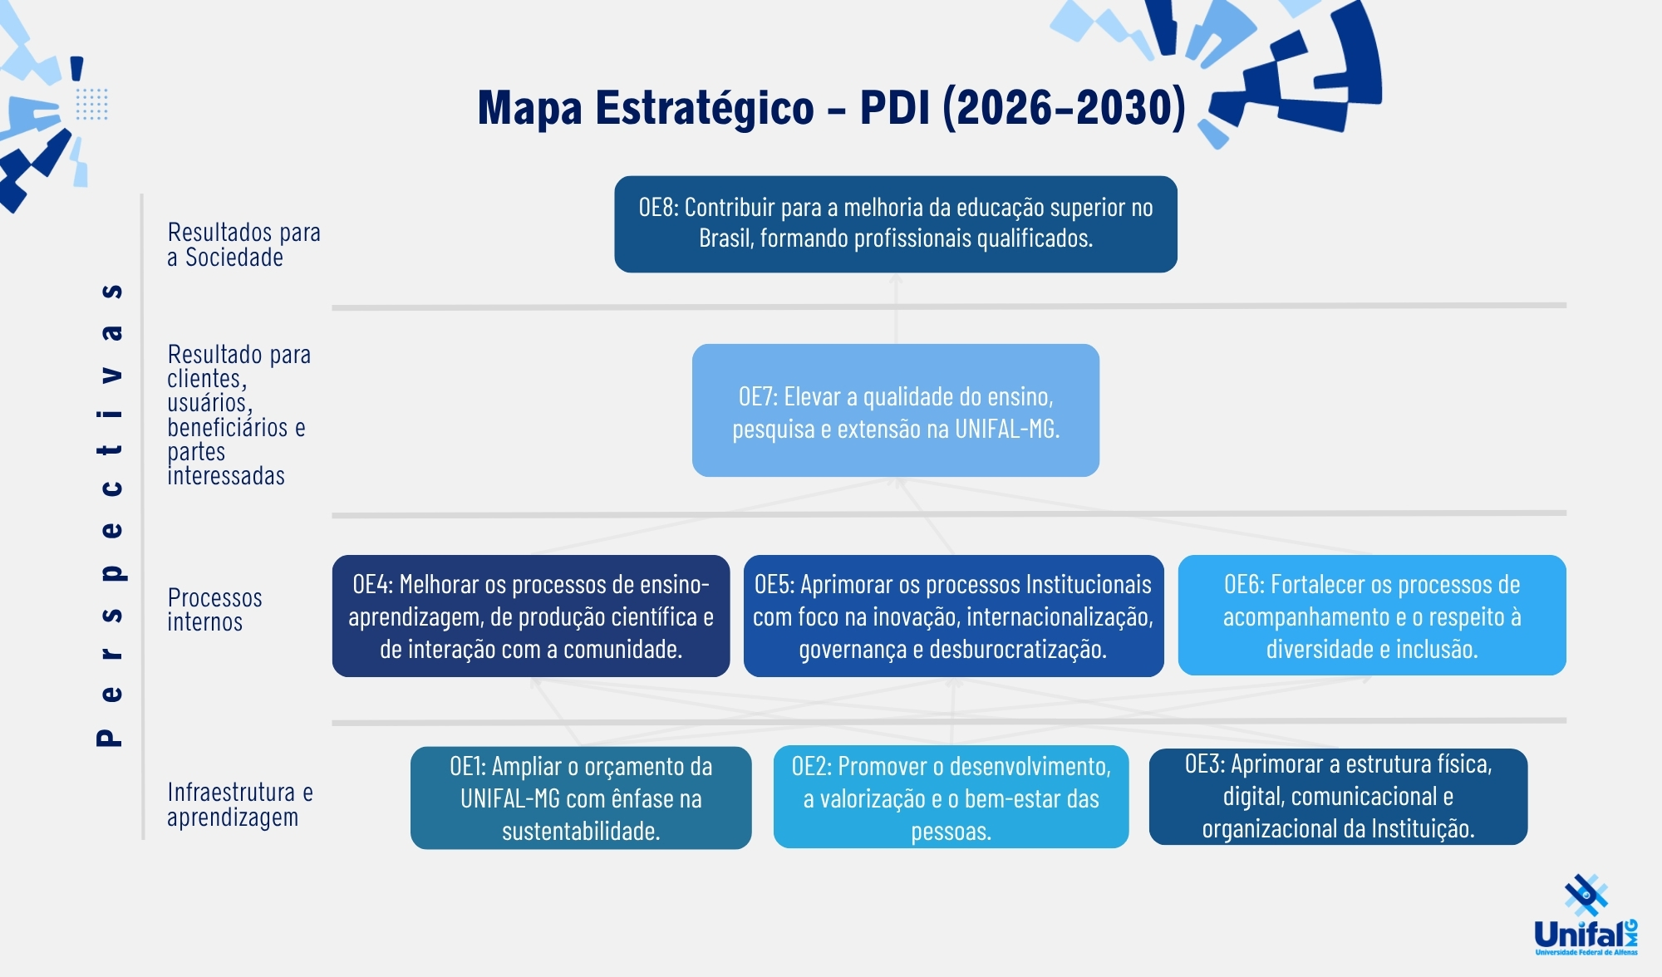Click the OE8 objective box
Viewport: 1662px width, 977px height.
(x=896, y=224)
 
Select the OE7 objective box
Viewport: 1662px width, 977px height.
(x=896, y=410)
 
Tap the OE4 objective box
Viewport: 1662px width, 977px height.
(x=531, y=616)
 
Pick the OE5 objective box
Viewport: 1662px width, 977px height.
(x=953, y=616)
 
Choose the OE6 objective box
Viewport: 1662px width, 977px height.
(x=1372, y=616)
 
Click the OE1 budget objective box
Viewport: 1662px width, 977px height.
(x=581, y=798)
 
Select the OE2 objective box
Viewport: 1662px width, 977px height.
(x=951, y=797)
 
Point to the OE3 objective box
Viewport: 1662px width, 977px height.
(x=1338, y=797)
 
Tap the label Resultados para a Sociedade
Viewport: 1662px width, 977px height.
(x=243, y=244)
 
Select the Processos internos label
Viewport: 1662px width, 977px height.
(x=214, y=610)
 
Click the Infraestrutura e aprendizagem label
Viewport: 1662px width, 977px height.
(x=240, y=804)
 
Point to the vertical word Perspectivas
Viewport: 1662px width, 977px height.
(x=110, y=514)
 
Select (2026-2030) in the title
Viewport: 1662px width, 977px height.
(x=1064, y=108)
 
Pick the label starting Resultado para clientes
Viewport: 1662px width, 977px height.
(x=238, y=415)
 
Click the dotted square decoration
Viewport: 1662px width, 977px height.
(x=91, y=104)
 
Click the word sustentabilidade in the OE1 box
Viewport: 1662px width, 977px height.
(x=581, y=831)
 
